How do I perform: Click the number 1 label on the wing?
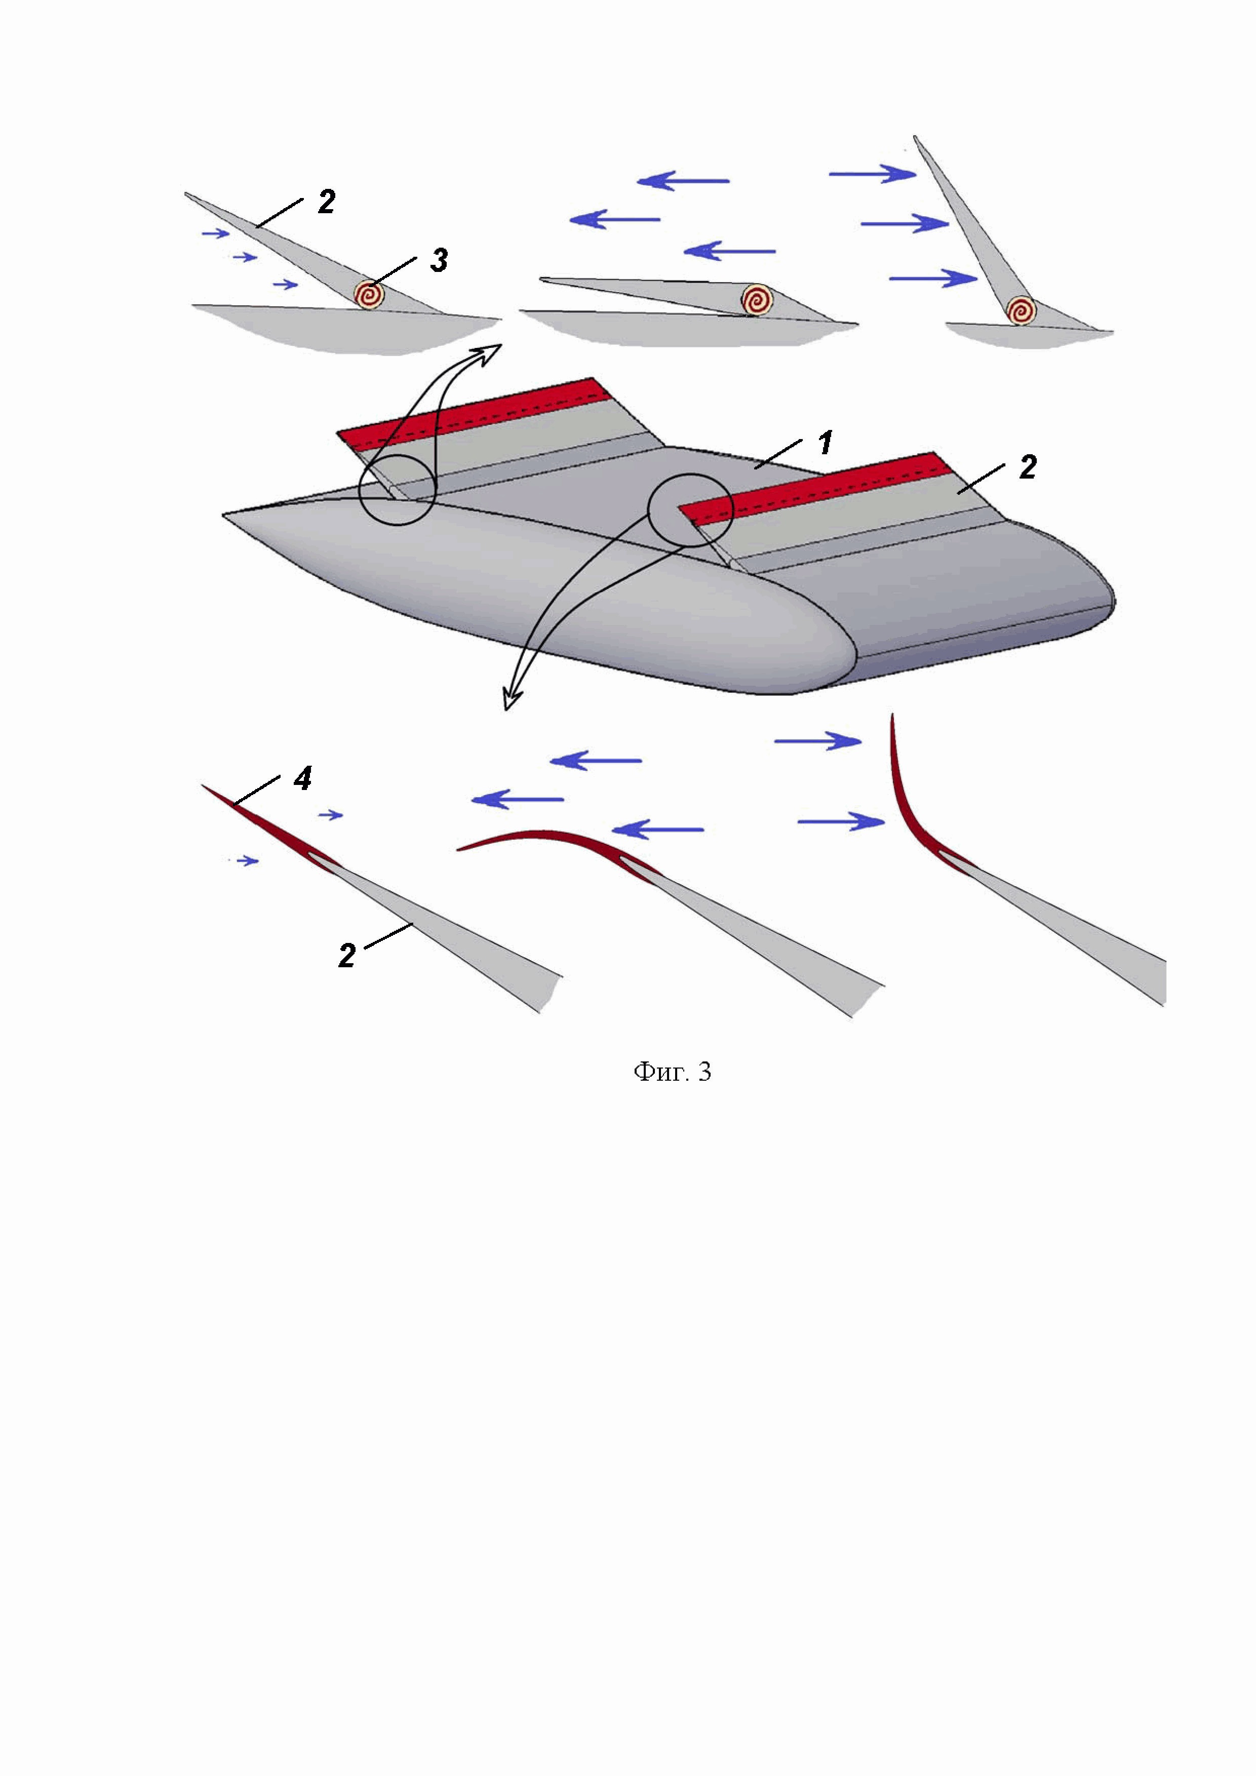point(825,443)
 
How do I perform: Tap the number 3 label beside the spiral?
point(439,261)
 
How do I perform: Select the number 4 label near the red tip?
point(302,779)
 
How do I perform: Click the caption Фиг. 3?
point(672,1072)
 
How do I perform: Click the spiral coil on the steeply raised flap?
point(1022,310)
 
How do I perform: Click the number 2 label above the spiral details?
point(326,202)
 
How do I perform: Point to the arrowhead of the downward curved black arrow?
point(512,698)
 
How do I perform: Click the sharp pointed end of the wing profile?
point(224,515)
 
